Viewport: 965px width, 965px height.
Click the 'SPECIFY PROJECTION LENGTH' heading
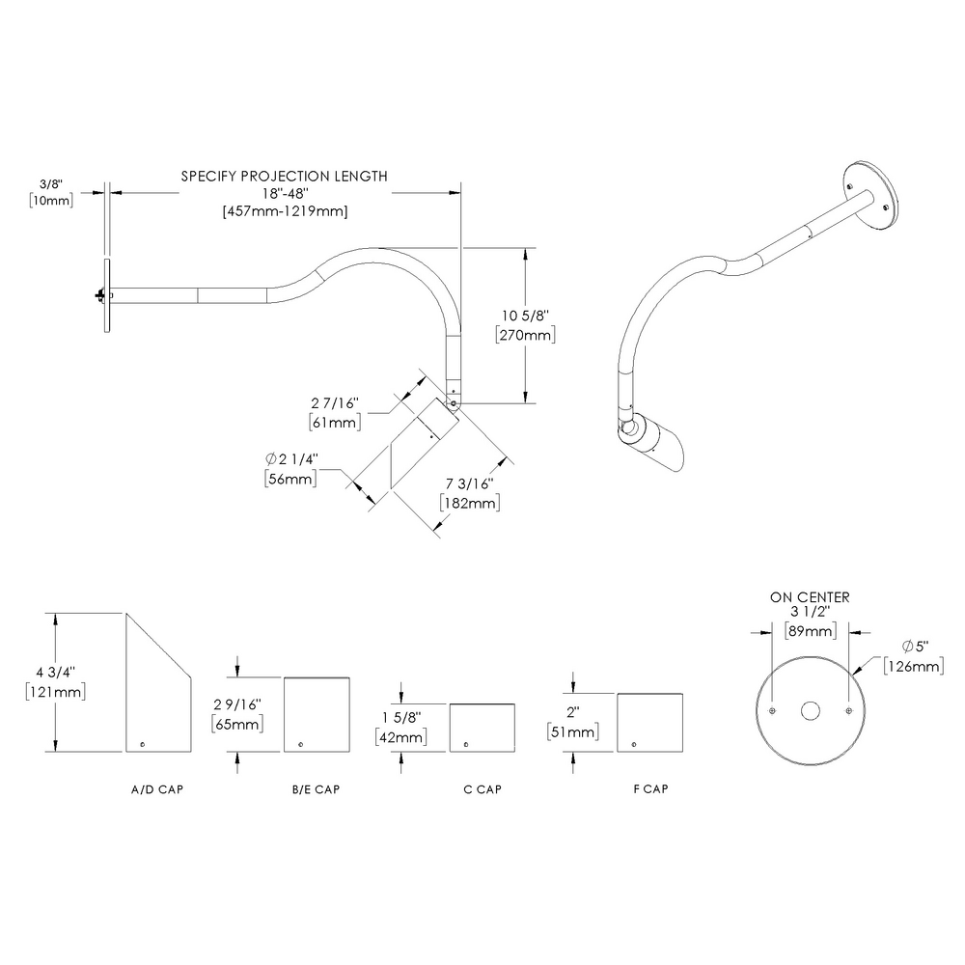285,177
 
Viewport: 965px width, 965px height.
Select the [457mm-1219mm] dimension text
285,210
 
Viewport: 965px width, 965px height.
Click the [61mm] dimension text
334,423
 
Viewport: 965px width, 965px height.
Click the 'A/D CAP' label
157,789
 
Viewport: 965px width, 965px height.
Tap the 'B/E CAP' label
317,789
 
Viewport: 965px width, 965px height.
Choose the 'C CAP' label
482,789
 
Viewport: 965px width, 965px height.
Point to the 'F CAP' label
650,789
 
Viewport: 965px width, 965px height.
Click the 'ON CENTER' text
810,597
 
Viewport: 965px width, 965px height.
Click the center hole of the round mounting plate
811,711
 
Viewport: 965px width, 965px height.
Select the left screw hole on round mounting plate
773,711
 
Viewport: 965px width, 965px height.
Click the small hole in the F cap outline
634,742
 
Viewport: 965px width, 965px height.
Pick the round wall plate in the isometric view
872,194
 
